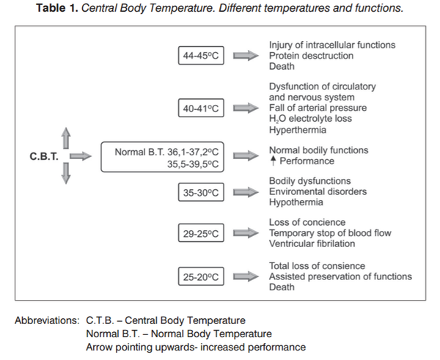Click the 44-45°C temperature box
tap(202, 56)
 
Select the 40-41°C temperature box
tap(202, 109)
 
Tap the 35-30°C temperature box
tap(202, 192)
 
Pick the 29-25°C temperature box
tap(202, 234)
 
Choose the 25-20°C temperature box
tap(202, 276)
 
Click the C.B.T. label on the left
tap(45, 155)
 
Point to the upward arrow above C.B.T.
tap(66, 137)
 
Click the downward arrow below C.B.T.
tap(66, 174)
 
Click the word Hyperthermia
tap(298, 130)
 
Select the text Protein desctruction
tap(311, 56)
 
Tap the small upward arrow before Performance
tap(273, 161)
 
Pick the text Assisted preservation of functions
tap(340, 276)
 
